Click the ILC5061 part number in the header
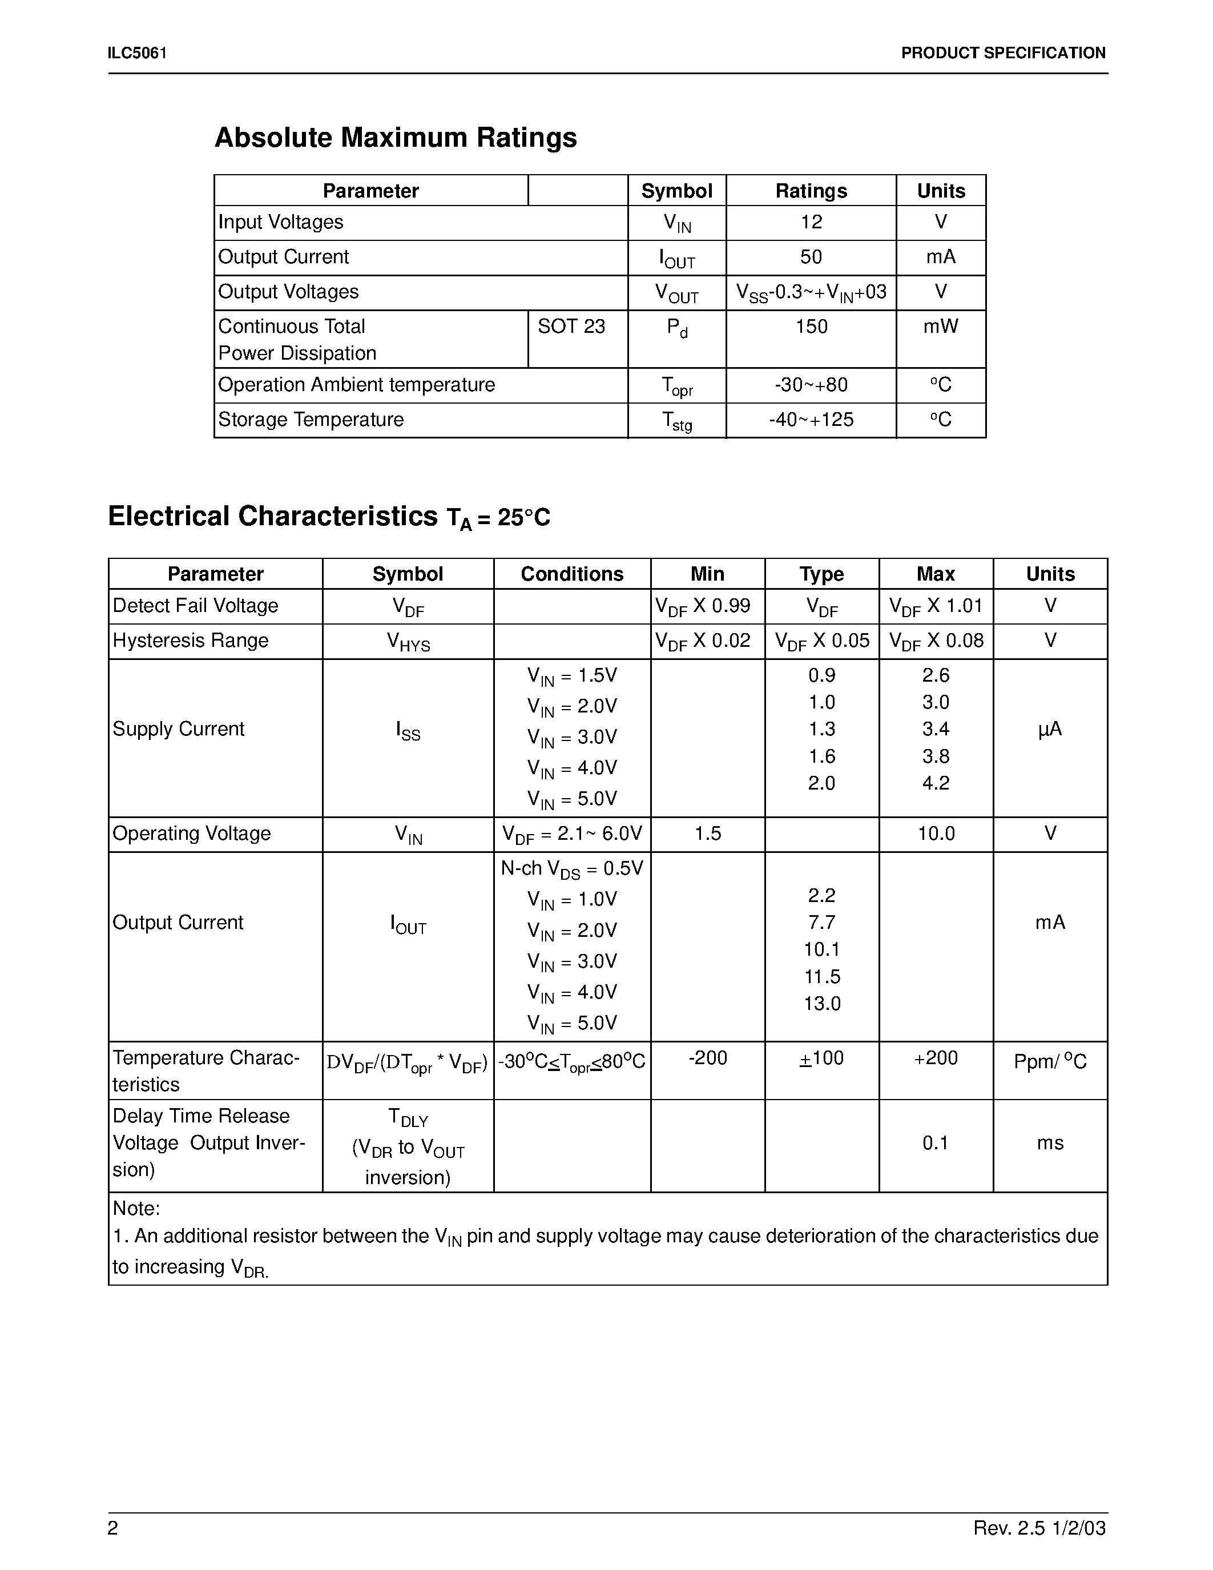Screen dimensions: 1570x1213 tap(137, 53)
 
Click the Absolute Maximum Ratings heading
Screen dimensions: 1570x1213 tap(395, 137)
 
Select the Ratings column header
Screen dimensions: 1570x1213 tap(811, 191)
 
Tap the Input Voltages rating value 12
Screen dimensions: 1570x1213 tap(811, 222)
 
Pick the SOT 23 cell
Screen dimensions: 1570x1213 tap(571, 327)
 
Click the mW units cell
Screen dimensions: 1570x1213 tap(940, 327)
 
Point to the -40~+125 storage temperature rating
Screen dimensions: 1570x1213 tap(811, 419)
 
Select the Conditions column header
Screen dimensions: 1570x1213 tap(571, 574)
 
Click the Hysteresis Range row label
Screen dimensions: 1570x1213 tap(191, 641)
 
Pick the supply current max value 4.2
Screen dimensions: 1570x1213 tap(935, 783)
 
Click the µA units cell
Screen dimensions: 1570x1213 tap(1049, 729)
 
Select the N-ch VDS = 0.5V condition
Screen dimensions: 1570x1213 tap(571, 869)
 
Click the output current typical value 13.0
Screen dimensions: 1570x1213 tap(821, 1004)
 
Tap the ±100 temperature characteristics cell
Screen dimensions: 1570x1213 tap(821, 1058)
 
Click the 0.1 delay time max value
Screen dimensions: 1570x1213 tap(935, 1143)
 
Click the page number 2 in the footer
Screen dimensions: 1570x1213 tap(113, 1528)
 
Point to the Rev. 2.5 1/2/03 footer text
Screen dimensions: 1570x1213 tap(1039, 1528)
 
